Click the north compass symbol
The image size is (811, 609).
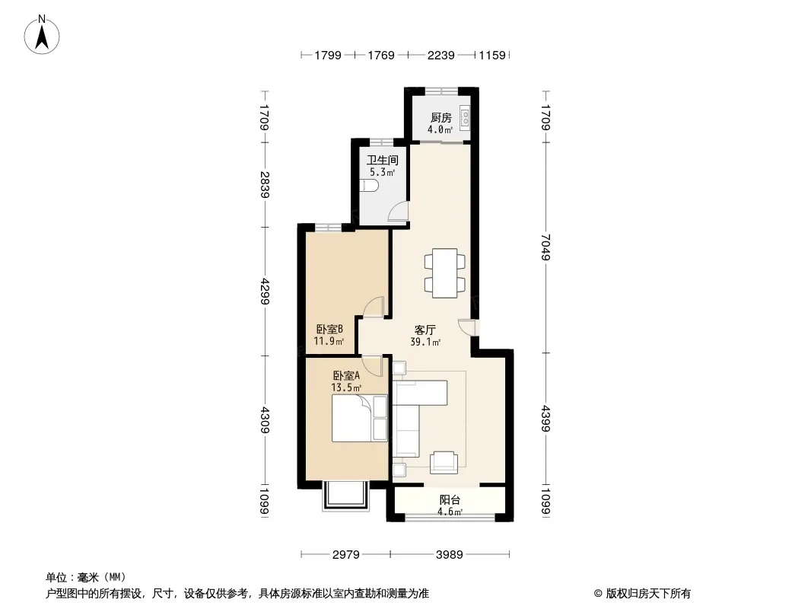[x=43, y=34]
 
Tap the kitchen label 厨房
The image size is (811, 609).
[x=440, y=118]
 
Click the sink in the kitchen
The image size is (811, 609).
[x=465, y=118]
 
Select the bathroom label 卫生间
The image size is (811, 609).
[x=382, y=161]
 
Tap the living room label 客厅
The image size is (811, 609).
[x=425, y=330]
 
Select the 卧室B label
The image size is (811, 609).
[x=329, y=330]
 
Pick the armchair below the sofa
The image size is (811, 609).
[x=444, y=461]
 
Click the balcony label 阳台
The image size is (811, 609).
[x=449, y=500]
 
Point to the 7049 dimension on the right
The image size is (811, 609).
[x=545, y=247]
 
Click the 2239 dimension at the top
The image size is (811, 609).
[x=440, y=55]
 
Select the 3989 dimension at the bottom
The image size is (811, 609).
[x=449, y=554]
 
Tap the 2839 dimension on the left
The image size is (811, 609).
[x=264, y=184]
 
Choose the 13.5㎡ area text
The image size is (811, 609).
[x=345, y=387]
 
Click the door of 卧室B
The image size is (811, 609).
[x=373, y=308]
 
